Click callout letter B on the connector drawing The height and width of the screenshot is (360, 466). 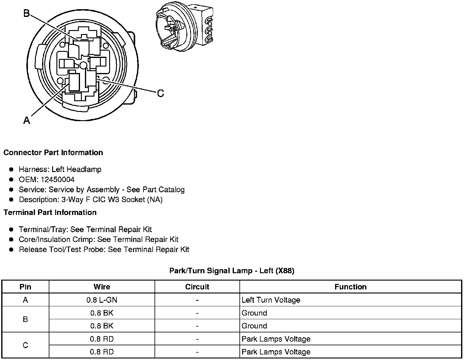[27, 13]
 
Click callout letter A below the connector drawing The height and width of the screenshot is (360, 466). [27, 121]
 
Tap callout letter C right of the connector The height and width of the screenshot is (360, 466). [160, 93]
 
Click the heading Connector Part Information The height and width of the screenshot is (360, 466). [53, 153]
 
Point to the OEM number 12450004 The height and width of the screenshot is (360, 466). [58, 179]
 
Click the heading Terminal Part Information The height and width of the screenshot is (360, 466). [50, 213]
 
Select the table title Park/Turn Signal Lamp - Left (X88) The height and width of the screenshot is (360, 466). [232, 271]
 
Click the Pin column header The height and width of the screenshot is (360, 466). [25, 287]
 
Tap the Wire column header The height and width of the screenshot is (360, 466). [102, 287]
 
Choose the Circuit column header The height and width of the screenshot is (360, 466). [197, 287]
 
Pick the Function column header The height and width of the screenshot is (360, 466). [350, 287]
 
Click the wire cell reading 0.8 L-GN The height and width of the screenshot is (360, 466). [102, 300]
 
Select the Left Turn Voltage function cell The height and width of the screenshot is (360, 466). [271, 300]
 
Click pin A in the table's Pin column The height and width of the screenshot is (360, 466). [25, 300]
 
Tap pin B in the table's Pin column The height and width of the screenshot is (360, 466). [25, 319]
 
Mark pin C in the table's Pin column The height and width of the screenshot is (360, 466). [25, 345]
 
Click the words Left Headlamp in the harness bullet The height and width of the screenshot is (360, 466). [76, 169]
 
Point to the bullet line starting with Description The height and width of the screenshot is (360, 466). [90, 200]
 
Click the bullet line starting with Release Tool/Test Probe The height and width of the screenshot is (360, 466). [104, 250]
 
